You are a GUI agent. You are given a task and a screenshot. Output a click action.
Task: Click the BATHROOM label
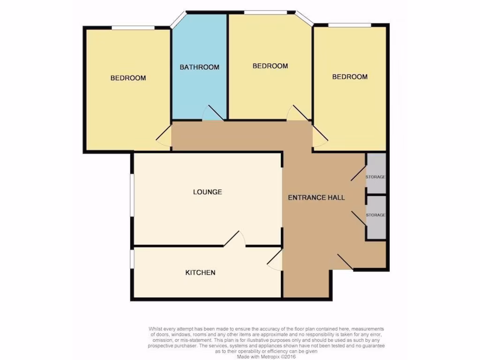pos(200,67)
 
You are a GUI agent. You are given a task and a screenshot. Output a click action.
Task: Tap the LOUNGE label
pos(207,192)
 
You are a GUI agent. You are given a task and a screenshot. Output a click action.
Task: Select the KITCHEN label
pos(200,272)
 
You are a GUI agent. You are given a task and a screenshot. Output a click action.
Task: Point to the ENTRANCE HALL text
pos(316,197)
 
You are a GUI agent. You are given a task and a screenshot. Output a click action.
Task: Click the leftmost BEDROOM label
pos(128,78)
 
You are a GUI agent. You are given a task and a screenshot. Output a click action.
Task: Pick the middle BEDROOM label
pos(270,66)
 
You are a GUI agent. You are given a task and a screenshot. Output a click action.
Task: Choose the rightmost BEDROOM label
pos(350,76)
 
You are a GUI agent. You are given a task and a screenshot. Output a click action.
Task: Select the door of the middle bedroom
pos(299,113)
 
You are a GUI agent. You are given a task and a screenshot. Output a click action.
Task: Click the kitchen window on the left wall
pos(132,259)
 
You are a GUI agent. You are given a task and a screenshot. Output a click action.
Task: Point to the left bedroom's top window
pos(133,28)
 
